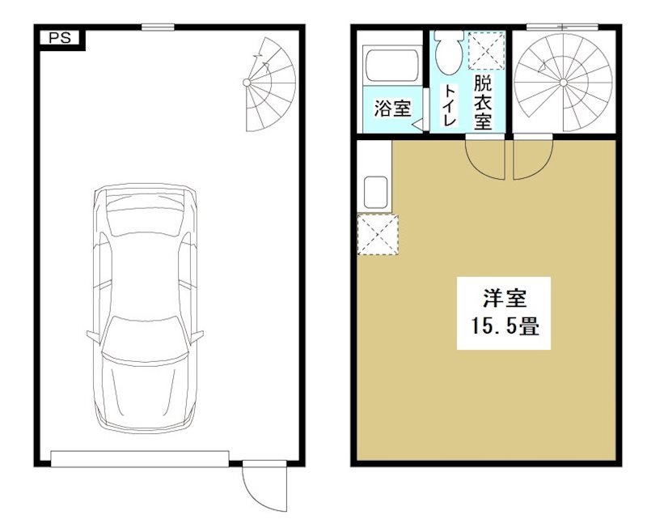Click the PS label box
tap(59, 38)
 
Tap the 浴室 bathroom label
tap(392, 109)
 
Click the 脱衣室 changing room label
tap(483, 104)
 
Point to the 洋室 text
tap(504, 299)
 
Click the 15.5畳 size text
tap(504, 327)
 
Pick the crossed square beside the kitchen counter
tap(377, 235)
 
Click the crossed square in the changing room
tap(486, 50)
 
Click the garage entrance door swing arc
tap(257, 486)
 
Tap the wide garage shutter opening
tap(140, 459)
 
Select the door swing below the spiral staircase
tap(531, 158)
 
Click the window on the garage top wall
tap(158, 28)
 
